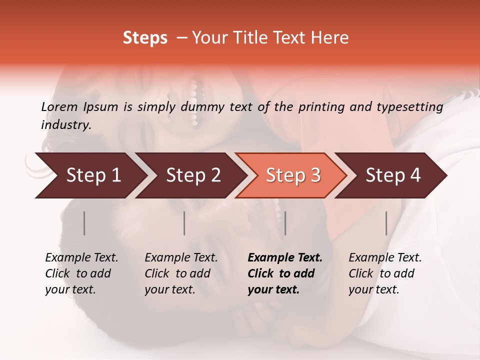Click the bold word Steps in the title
pos(145,38)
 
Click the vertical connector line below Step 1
pos(84,223)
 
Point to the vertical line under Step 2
pos(184,223)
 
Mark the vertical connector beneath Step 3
pos(285,223)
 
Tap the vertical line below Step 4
pos(386,223)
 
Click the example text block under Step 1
pos(81,273)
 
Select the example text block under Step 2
pos(181,273)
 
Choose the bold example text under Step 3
pos(285,273)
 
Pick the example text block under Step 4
pos(385,273)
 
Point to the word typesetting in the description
pos(414,106)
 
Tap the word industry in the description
pos(65,125)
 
